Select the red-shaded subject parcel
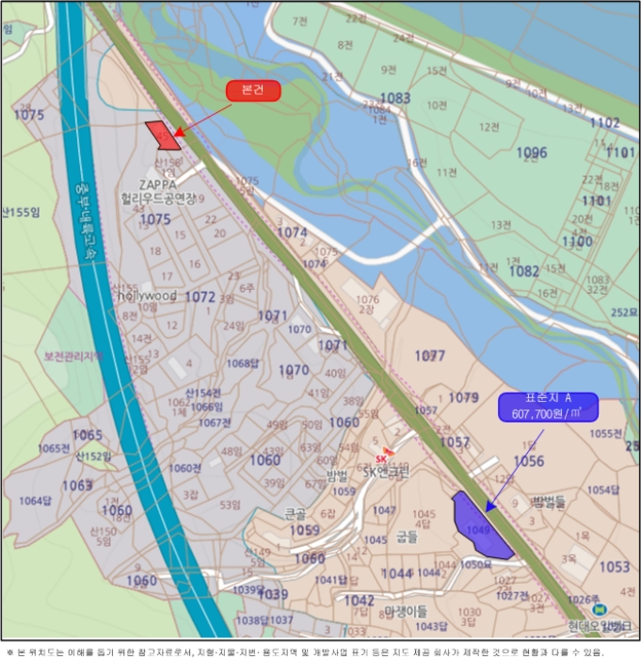[163, 135]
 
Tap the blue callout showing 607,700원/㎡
[547, 407]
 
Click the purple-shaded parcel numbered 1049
[480, 529]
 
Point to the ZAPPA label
[157, 185]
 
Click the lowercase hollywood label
[147, 295]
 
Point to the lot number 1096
[532, 153]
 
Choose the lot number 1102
[604, 122]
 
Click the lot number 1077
[430, 356]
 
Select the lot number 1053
[614, 567]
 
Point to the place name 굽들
[407, 537]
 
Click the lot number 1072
[200, 297]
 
